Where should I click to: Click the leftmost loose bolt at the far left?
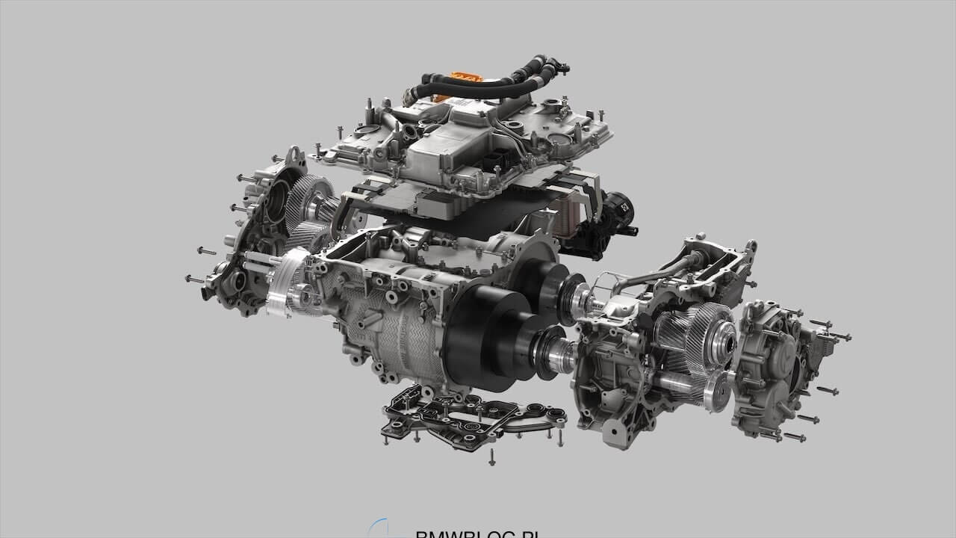click(193, 279)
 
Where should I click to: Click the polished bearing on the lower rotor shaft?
click(556, 355)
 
